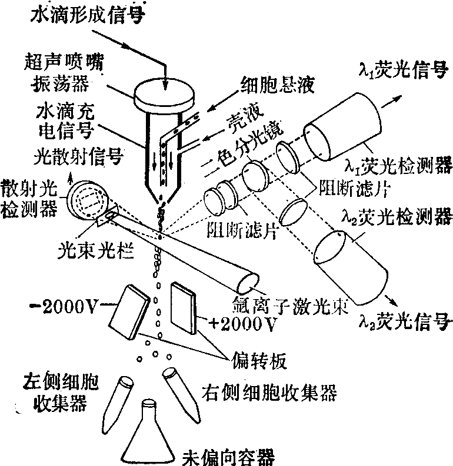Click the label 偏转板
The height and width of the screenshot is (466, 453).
pyautogui.click(x=258, y=360)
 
